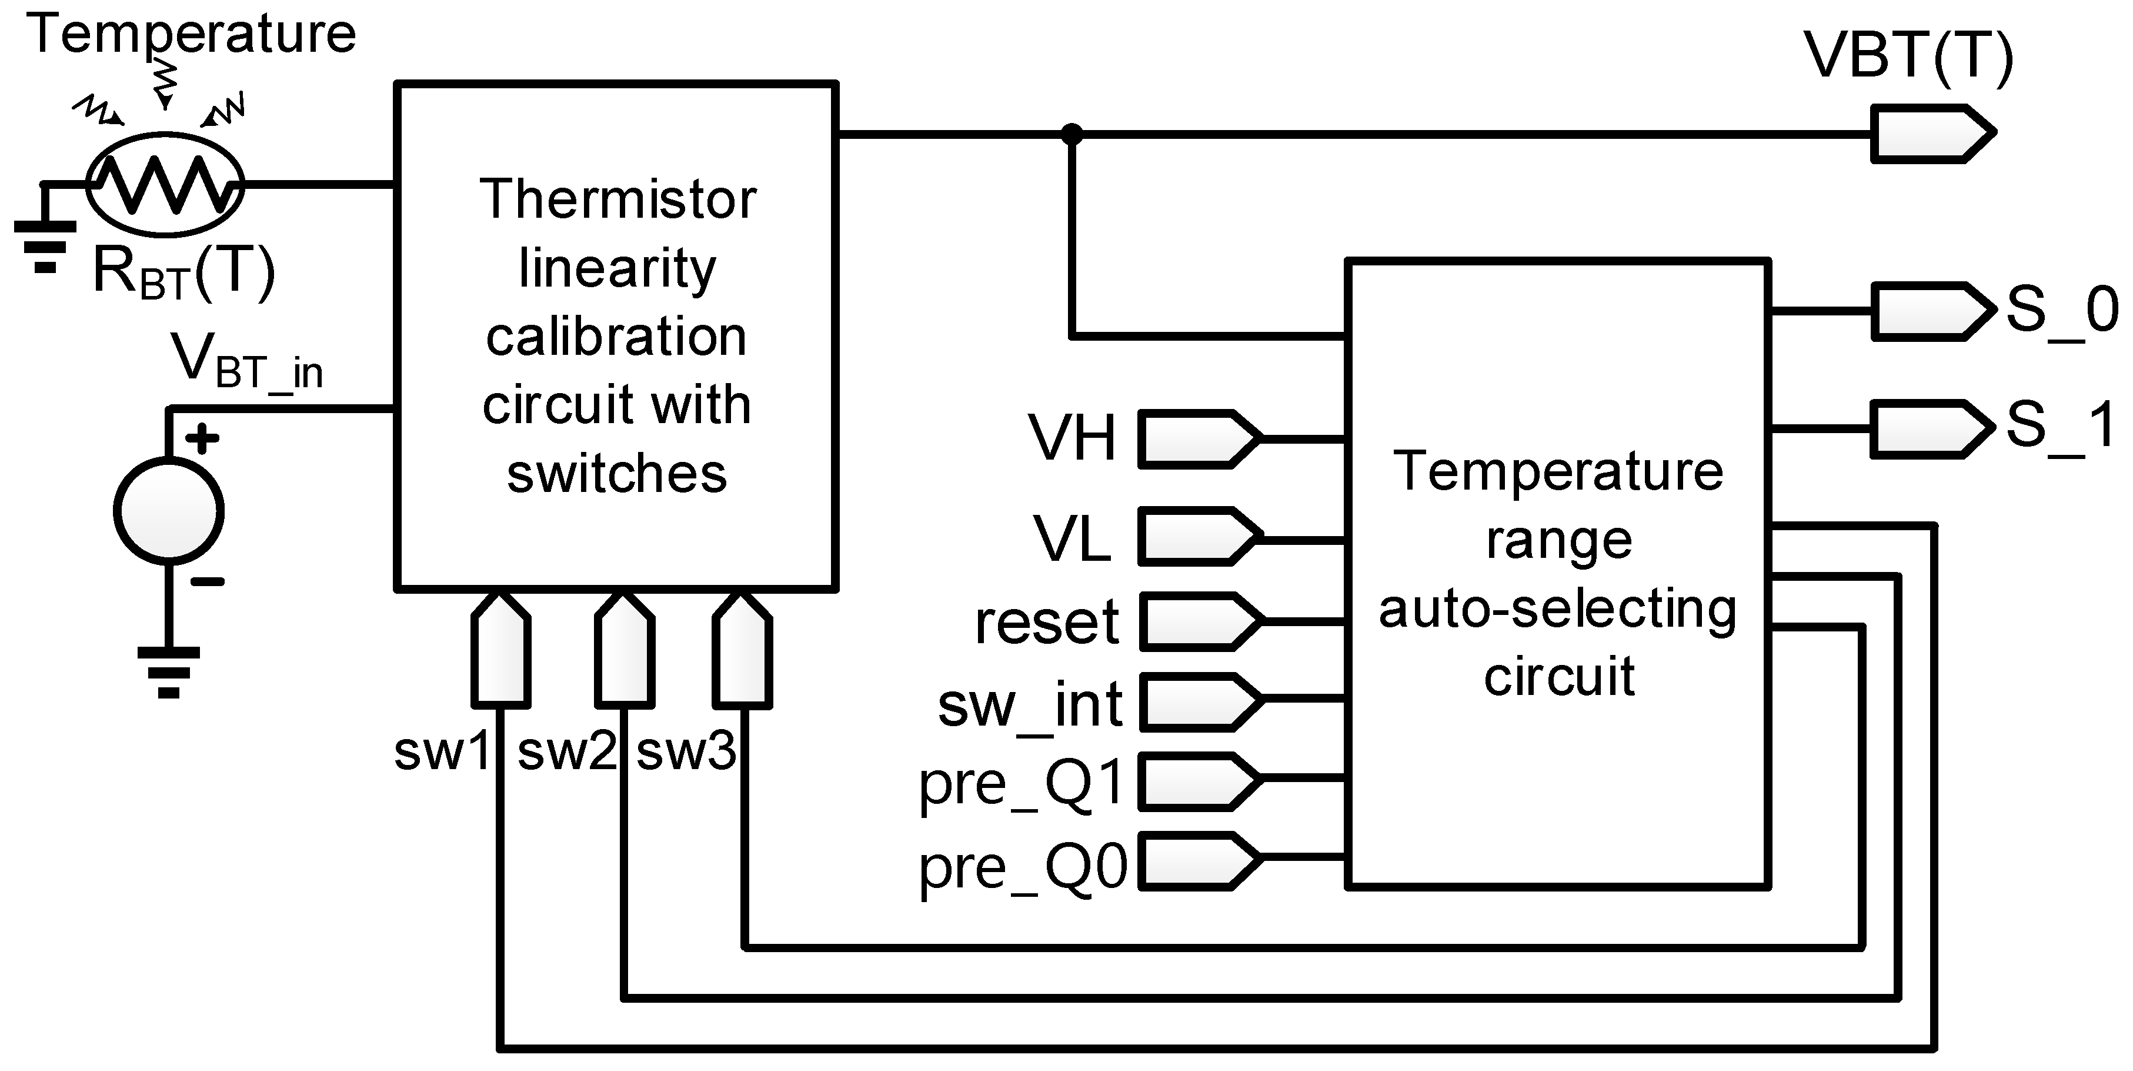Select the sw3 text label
pyautogui.click(x=686, y=752)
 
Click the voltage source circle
pyautogui.click(x=169, y=510)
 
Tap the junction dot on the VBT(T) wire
pyautogui.click(x=1071, y=134)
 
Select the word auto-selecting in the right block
pyautogui.click(x=1557, y=609)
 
